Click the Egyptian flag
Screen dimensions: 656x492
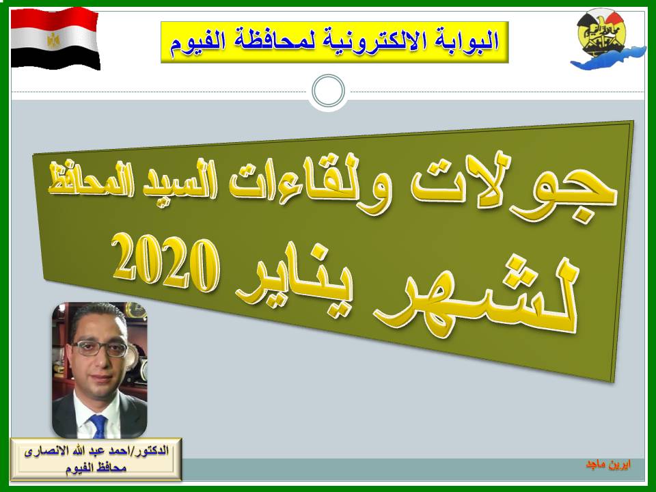tap(55, 38)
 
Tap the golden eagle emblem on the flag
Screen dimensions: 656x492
tap(53, 40)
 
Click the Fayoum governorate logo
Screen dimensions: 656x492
tap(607, 39)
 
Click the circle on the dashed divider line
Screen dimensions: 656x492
tap(329, 91)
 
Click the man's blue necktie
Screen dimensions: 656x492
tap(98, 426)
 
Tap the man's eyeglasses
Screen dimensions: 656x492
tap(100, 348)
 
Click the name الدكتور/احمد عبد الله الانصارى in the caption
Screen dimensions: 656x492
tap(96, 452)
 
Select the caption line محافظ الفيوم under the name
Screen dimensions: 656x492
tap(96, 467)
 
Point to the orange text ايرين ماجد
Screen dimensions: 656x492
tap(608, 465)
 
